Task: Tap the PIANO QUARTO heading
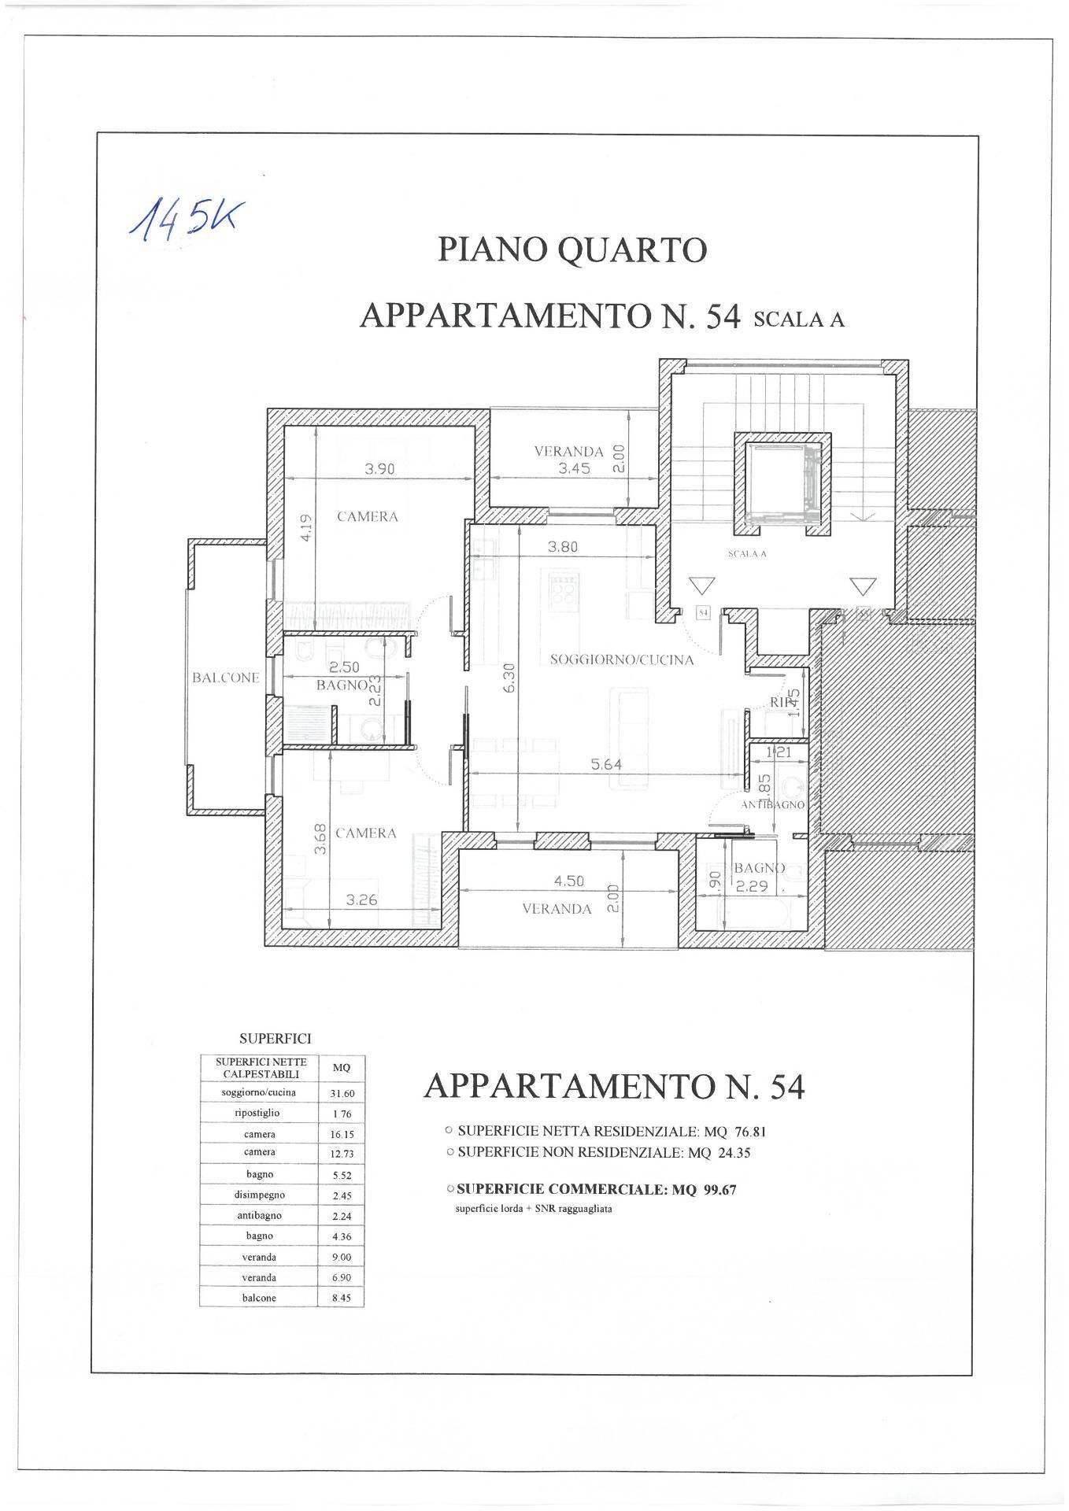(x=572, y=250)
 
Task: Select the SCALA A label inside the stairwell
(x=747, y=554)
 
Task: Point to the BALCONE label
(x=226, y=678)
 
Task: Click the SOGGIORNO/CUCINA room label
(x=622, y=660)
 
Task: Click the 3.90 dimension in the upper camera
(x=379, y=469)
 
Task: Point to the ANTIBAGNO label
(x=772, y=805)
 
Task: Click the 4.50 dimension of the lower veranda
(x=568, y=881)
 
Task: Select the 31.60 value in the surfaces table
(x=341, y=1094)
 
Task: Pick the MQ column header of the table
(x=341, y=1068)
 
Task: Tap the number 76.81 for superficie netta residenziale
(x=749, y=1132)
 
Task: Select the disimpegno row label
(x=259, y=1195)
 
